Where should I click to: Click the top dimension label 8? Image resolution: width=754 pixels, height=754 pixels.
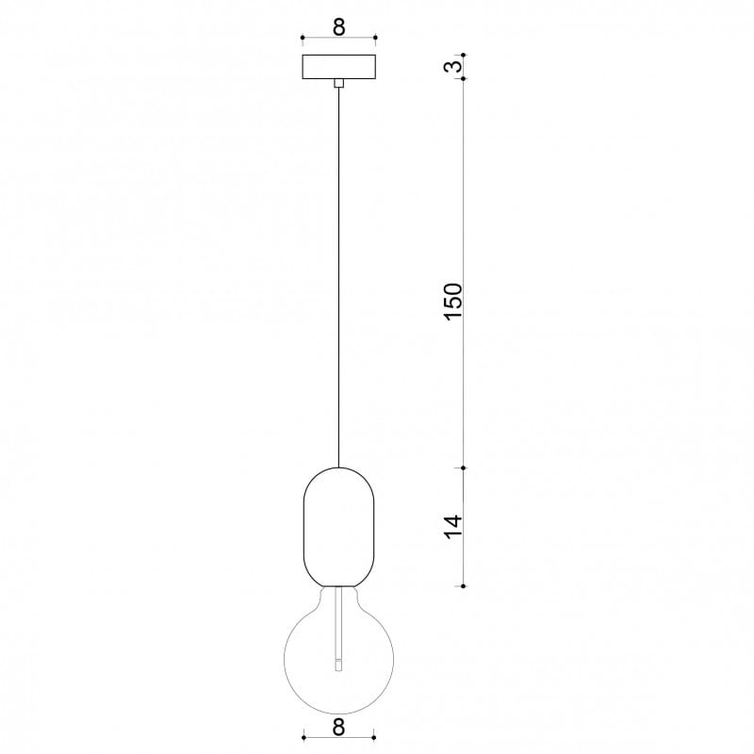pos(339,27)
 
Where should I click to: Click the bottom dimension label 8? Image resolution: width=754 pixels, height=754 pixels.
pos(338,728)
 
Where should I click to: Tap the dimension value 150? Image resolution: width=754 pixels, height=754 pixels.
pos(453,302)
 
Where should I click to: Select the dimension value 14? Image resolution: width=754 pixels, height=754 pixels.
pos(453,527)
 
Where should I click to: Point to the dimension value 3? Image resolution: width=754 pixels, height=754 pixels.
pos(453,66)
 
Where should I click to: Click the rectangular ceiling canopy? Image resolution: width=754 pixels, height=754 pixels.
pos(339,67)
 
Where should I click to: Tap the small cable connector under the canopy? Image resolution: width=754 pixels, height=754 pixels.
pos(339,83)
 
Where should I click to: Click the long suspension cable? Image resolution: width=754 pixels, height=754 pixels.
pos(339,277)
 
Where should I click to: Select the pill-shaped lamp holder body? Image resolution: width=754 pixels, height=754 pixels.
pos(339,527)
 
